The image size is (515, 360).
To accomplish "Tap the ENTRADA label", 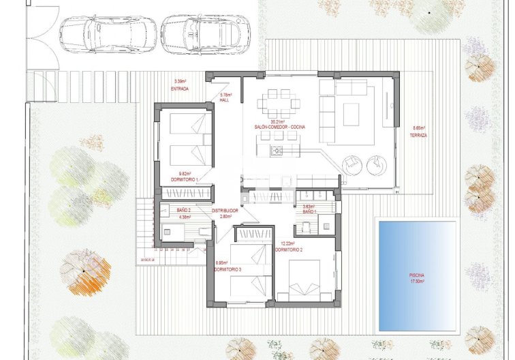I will pos(181,89).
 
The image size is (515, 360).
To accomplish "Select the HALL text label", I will pos(225,100).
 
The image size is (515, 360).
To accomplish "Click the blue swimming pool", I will pos(417,275).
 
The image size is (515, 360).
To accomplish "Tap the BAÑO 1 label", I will pos(311,211).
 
